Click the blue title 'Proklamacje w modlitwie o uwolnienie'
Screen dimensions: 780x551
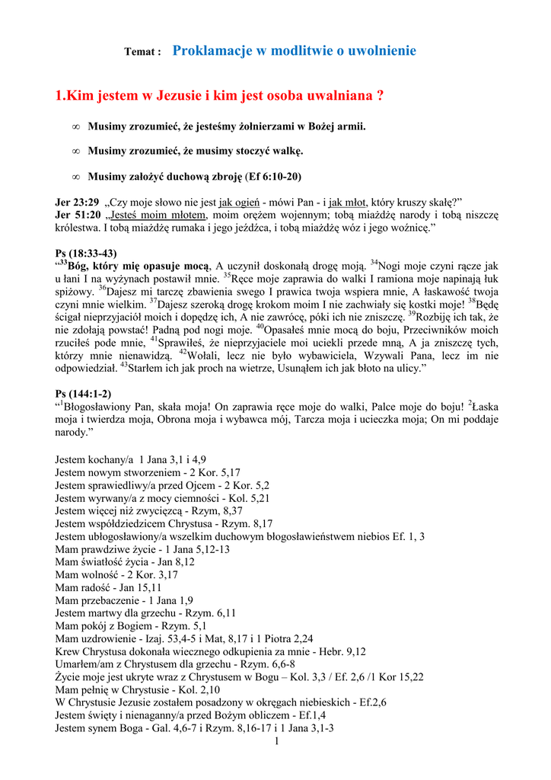pyautogui.click(x=295, y=51)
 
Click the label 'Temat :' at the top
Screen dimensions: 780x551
pyautogui.click(x=142, y=53)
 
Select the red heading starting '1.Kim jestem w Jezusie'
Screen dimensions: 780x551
pyautogui.click(x=220, y=97)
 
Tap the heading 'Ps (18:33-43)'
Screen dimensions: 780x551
pyautogui.click(x=87, y=253)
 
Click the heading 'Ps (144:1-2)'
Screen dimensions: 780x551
pyautogui.click(x=84, y=393)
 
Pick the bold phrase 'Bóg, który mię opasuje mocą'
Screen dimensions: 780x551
pyautogui.click(x=139, y=266)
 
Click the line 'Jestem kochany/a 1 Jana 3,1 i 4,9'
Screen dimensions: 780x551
pyautogui.click(x=131, y=459)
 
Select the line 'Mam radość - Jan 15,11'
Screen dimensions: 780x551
pyautogui.click(x=109, y=587)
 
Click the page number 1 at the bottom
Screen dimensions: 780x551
pyautogui.click(x=276, y=741)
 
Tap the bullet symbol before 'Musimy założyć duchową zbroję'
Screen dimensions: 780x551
pyautogui.click(x=75, y=177)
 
